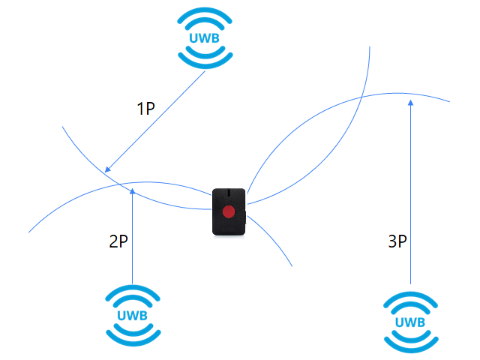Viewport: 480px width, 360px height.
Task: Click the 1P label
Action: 145,109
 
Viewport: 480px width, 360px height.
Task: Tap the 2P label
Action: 118,241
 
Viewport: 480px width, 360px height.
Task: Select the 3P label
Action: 397,241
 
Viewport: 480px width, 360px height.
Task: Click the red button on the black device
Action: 229,212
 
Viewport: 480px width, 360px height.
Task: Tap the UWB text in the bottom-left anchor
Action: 131,315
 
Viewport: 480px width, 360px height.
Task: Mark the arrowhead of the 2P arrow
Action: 132,190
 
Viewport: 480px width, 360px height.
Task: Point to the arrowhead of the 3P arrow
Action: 409,101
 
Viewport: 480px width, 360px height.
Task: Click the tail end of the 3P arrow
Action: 409,283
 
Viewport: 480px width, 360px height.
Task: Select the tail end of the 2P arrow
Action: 132,283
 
